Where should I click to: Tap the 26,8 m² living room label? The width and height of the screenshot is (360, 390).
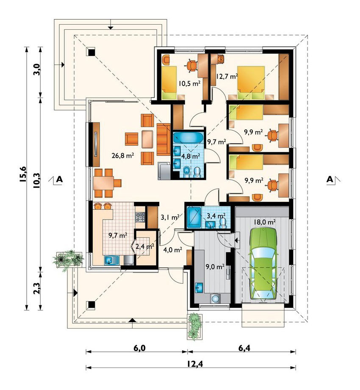click(123, 156)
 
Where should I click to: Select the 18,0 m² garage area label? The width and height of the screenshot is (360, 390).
click(264, 222)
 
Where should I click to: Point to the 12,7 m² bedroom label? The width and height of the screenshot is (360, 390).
click(227, 76)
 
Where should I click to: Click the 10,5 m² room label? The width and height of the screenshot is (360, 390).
click(189, 84)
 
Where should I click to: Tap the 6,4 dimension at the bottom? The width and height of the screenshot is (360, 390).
click(244, 348)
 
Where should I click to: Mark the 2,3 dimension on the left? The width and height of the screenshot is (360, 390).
click(36, 288)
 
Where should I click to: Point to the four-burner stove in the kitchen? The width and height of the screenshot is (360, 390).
click(140, 217)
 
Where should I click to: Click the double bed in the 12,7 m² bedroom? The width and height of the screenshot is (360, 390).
click(251, 83)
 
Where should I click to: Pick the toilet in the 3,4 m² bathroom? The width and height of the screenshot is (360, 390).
click(223, 223)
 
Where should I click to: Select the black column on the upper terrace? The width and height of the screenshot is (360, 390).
click(91, 52)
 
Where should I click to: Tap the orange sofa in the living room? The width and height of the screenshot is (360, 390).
click(163, 139)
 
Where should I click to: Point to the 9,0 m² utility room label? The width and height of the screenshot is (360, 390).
click(215, 267)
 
